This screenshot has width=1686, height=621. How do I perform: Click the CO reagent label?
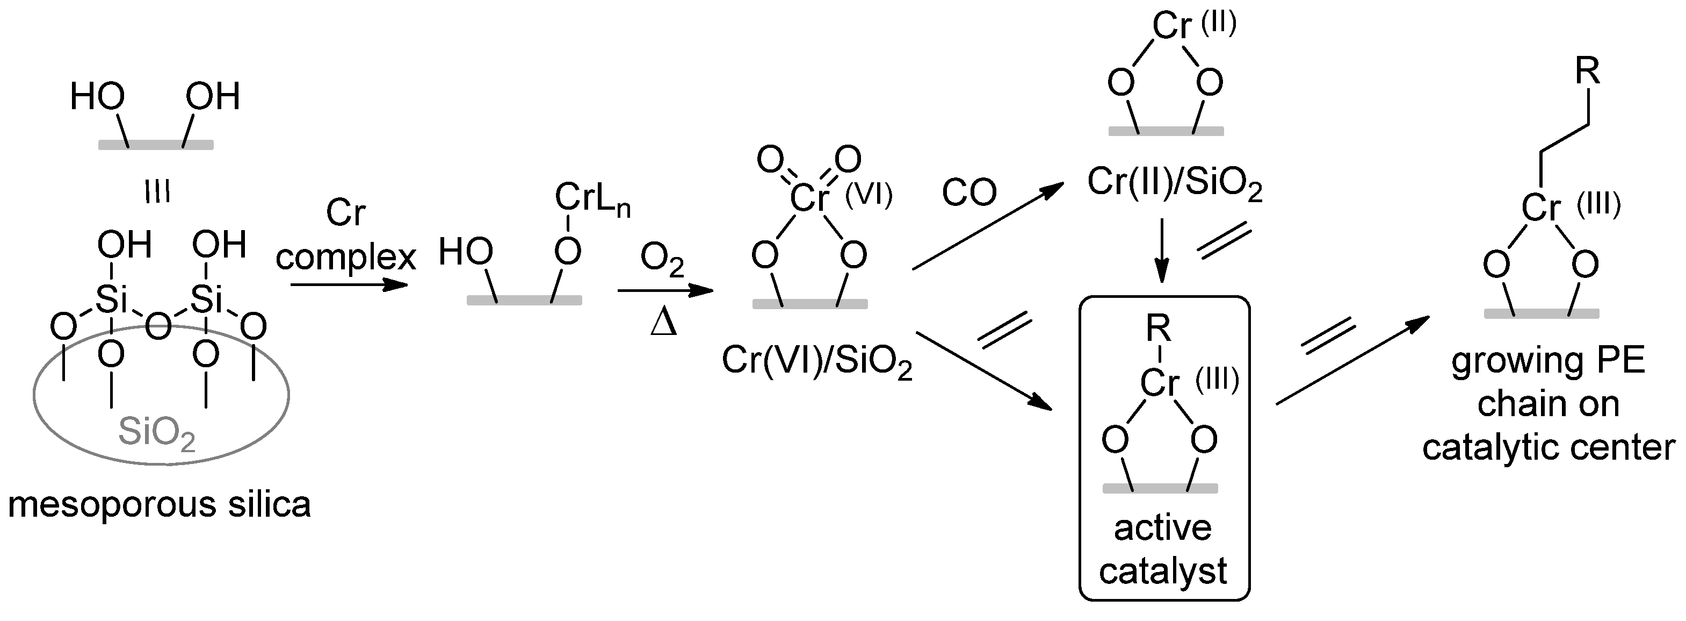[968, 192]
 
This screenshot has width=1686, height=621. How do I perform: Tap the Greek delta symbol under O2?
[664, 323]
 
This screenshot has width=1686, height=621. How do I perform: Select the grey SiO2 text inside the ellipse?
[157, 432]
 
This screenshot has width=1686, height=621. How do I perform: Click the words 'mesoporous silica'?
[159, 504]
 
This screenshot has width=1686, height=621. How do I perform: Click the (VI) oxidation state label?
[869, 195]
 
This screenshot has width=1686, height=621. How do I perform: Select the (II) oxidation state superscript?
[1219, 24]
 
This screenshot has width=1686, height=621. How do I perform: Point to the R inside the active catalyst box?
[1159, 330]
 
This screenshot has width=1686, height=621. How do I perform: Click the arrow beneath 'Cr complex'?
[349, 285]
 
